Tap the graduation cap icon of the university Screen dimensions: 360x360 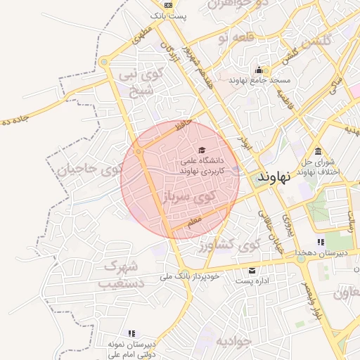[x=202, y=150]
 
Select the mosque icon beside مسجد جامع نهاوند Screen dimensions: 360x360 [x=259, y=70]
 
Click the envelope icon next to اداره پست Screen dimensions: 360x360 [x=252, y=271]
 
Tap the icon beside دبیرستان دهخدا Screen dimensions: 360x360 [x=321, y=242]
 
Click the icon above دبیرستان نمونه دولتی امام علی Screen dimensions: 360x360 [x=131, y=333]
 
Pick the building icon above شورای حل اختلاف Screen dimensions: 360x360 [x=319, y=151]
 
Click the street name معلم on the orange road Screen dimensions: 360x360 [x=194, y=221]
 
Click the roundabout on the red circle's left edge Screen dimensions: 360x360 [x=139, y=151]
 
